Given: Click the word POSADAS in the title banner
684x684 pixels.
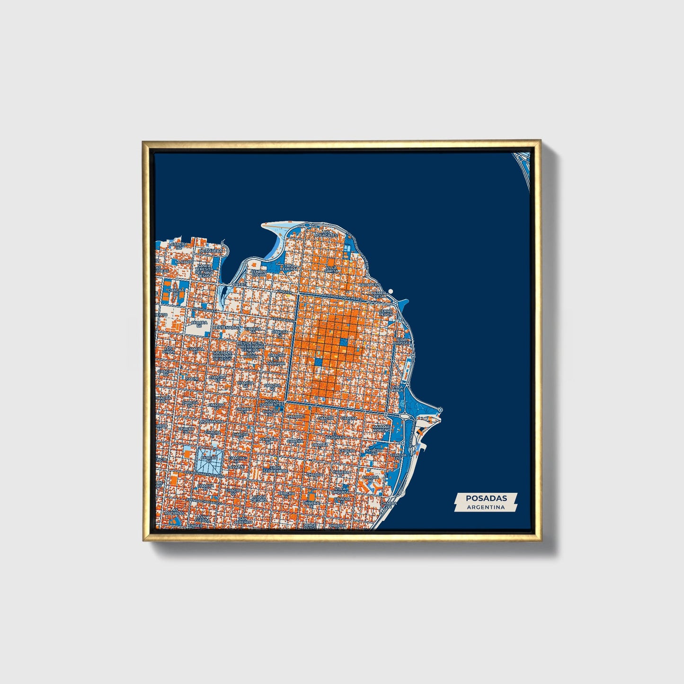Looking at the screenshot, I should coord(486,498).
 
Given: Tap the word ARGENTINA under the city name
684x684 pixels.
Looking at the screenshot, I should coord(486,507).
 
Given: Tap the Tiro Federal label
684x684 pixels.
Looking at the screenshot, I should coord(290,267).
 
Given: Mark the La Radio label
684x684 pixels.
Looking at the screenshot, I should coord(183,262).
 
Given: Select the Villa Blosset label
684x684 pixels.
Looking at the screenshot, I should coord(403,341).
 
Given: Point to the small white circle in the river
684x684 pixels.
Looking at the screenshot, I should coord(391,292).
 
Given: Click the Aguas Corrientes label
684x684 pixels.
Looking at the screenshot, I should coord(271,403).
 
